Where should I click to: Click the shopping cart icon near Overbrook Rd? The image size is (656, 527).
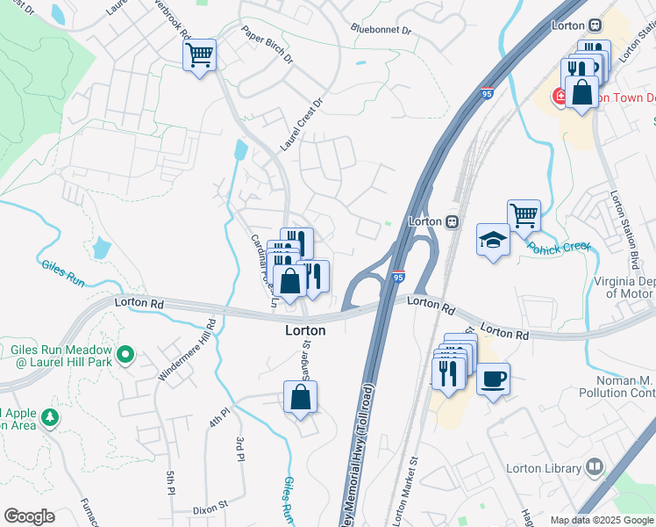pos(199,56)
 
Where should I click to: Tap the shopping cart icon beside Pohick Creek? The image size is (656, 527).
pos(524,215)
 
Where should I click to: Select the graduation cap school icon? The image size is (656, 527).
pos(493,240)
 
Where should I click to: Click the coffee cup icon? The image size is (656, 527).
pos(493,379)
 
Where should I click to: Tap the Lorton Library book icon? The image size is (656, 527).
pos(595,467)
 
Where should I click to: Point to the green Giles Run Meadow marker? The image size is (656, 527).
pos(125,355)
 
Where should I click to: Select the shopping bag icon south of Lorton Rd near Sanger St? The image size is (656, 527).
pos(301,397)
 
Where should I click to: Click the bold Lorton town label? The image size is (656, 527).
pos(305,331)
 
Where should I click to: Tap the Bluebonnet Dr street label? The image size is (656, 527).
pos(381,29)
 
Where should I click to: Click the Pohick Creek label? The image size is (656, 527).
pos(559,248)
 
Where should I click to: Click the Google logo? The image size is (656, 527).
pos(29,516)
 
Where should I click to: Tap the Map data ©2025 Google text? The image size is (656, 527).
pos(601,520)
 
